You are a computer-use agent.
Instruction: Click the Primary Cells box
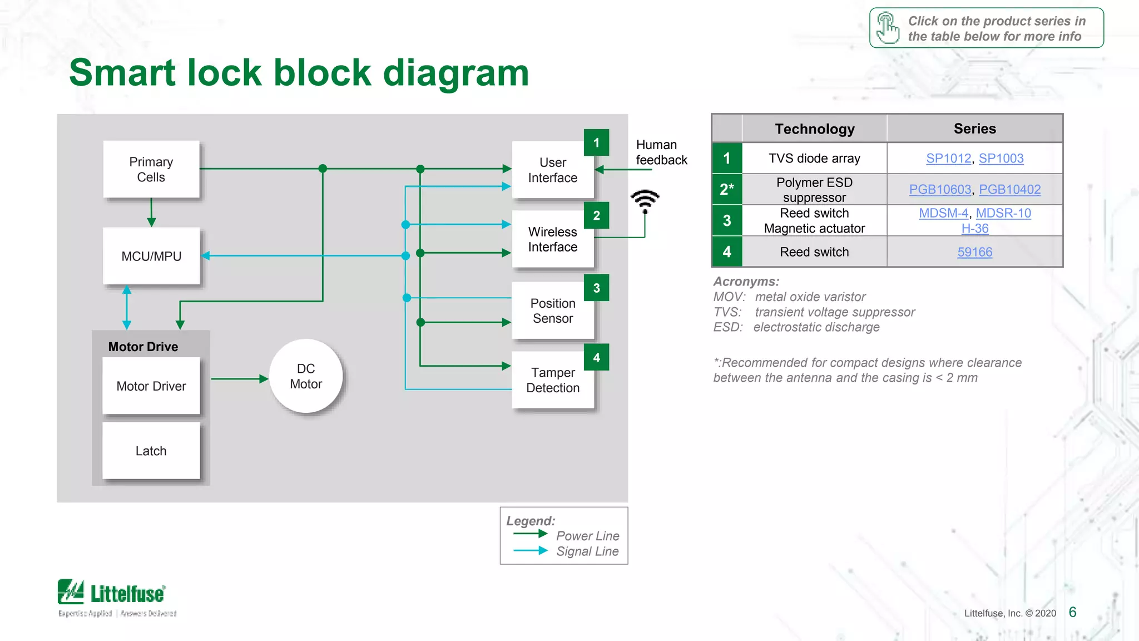[151, 169]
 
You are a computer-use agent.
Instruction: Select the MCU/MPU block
[151, 256]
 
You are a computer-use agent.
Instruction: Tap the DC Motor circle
[306, 376]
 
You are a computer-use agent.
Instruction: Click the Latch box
[151, 451]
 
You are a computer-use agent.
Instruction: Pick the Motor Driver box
[151, 386]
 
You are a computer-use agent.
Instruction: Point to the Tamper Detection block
[553, 381]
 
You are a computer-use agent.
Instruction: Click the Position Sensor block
[553, 311]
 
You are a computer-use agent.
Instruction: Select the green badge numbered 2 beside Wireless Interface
[596, 216]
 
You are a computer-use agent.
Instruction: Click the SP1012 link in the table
[948, 159]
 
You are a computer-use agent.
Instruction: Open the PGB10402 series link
[1009, 190]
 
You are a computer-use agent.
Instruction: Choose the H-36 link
[974, 229]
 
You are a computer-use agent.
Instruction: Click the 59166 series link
[974, 252]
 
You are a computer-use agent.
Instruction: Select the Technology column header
[814, 129]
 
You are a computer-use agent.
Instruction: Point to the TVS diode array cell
[814, 159]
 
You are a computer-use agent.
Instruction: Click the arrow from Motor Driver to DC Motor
[239, 379]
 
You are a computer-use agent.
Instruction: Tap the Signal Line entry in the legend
[587, 551]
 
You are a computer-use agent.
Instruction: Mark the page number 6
[1072, 612]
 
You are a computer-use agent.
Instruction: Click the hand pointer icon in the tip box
[888, 28]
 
